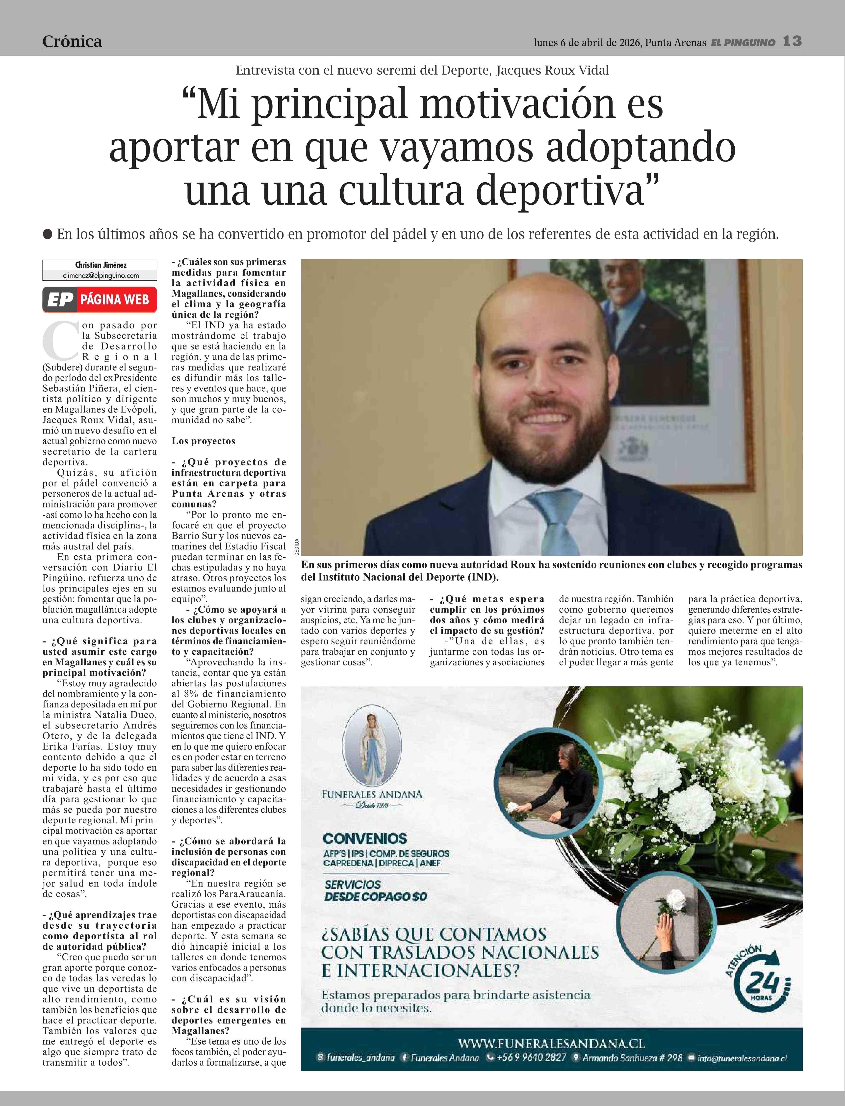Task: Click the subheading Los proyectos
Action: (203, 441)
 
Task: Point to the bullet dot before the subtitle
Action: (48, 234)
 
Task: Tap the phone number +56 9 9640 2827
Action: (527, 1058)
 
